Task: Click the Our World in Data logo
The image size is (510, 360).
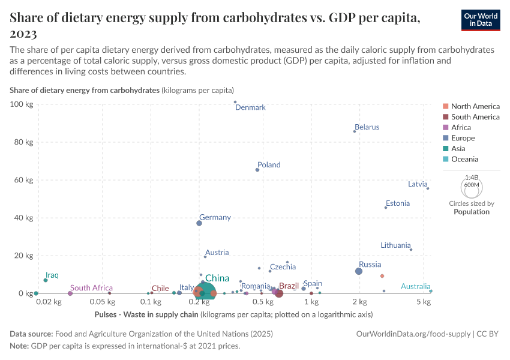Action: pyautogui.click(x=481, y=19)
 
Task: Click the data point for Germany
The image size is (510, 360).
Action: pyautogui.click(x=199, y=223)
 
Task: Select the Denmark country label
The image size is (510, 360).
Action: pyautogui.click(x=250, y=107)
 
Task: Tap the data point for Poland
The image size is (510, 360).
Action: pyautogui.click(x=257, y=170)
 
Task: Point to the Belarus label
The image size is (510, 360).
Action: pyautogui.click(x=367, y=127)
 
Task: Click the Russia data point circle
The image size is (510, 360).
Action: pyautogui.click(x=359, y=271)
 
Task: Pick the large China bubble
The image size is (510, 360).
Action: pyautogui.click(x=205, y=292)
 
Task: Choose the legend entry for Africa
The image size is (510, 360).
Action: pyautogui.click(x=461, y=127)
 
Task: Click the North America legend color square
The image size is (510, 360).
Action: pyautogui.click(x=446, y=106)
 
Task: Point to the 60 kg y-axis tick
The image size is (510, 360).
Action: pyautogui.click(x=24, y=180)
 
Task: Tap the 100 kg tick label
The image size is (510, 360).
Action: pyautogui.click(x=22, y=104)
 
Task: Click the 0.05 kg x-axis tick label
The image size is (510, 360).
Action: pyautogui.click(x=103, y=301)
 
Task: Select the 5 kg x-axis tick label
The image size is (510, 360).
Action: pyautogui.click(x=424, y=301)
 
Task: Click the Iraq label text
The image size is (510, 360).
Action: pyautogui.click(x=52, y=275)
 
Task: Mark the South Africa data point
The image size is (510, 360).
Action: pyautogui.click(x=70, y=293)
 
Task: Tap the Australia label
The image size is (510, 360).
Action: pyautogui.click(x=416, y=286)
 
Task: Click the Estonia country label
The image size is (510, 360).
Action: pyautogui.click(x=398, y=203)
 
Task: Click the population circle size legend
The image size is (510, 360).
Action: pyautogui.click(x=471, y=186)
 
